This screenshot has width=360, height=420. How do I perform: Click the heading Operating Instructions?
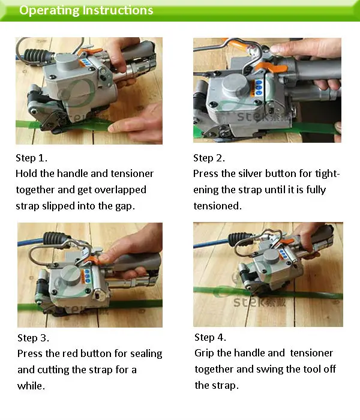click(86, 11)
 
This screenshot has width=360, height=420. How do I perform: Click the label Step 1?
click(31, 158)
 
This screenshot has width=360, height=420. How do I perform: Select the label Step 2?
click(209, 158)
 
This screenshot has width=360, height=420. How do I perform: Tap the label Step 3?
click(33, 338)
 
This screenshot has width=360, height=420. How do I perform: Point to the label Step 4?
click(210, 337)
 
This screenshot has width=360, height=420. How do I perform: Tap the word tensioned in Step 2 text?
click(217, 206)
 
